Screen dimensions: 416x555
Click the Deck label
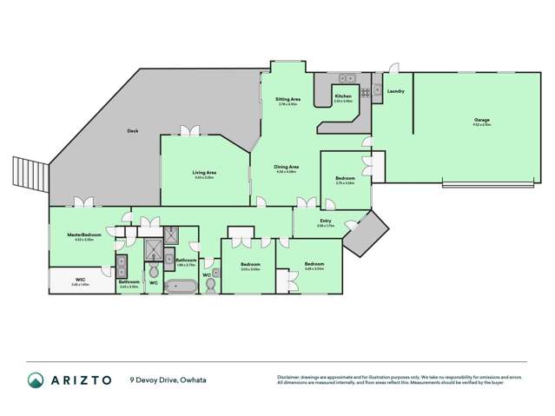coord(133,131)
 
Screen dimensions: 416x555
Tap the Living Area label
coord(204,172)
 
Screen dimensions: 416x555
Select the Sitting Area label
coord(287,100)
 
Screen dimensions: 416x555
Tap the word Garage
coord(481,120)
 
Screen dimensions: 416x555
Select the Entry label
coord(325,221)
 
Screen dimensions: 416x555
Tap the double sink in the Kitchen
coord(345,77)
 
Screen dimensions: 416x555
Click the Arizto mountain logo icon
coord(36,380)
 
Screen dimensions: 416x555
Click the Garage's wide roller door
coord(489,183)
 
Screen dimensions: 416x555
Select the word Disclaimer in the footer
coord(290,376)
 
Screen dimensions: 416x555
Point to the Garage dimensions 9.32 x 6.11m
coord(481,125)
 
